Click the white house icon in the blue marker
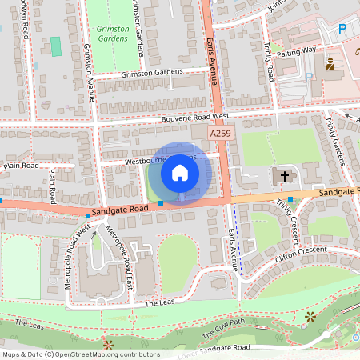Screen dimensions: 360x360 tap(180, 173)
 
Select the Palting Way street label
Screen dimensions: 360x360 tap(298, 50)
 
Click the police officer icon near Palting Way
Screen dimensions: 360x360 tap(330, 62)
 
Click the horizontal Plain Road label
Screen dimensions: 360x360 tap(21, 166)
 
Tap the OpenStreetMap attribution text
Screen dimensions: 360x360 tap(80, 354)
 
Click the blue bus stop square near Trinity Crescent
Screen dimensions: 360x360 tap(290, 198)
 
